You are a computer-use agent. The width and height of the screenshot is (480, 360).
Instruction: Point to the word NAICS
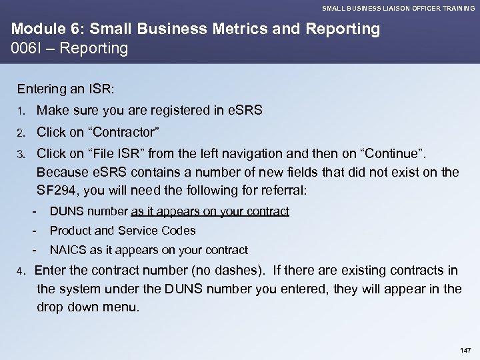pyautogui.click(x=67, y=250)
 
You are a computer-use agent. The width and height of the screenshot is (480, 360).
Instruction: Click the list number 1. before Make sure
pyautogui.click(x=23, y=111)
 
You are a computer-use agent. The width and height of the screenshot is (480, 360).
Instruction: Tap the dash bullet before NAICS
pyautogui.click(x=33, y=250)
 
